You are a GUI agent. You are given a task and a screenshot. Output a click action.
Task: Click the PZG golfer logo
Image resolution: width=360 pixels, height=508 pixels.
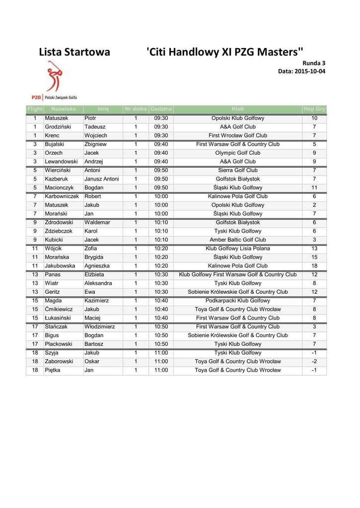[54, 79]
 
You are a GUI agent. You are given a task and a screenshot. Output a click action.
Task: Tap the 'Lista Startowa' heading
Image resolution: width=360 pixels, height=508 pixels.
[74, 52]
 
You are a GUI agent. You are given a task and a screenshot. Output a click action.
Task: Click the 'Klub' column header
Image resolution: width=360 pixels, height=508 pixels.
[238, 109]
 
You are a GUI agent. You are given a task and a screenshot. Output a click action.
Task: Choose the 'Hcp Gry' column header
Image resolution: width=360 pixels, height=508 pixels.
[314, 109]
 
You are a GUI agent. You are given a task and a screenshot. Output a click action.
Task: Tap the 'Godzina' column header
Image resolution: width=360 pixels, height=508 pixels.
[161, 109]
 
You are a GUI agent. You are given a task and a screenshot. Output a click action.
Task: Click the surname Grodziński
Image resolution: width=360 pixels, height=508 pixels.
[58, 127]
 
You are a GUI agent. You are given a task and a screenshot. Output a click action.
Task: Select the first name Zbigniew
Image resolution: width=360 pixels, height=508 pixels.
[95, 144]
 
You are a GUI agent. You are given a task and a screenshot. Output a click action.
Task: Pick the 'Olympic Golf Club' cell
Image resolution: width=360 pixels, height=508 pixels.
[238, 153]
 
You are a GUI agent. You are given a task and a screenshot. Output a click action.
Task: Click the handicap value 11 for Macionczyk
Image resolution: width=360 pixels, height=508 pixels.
[314, 188]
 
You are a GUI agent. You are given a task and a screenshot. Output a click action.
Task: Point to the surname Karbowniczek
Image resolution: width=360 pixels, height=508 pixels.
[62, 196]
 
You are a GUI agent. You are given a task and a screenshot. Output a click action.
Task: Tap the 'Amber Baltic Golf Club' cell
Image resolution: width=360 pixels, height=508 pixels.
[238, 240]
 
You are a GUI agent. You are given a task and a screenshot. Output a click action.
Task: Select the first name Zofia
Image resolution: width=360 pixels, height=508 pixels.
[91, 249]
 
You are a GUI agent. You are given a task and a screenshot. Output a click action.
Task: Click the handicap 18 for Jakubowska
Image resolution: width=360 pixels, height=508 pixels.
[314, 266]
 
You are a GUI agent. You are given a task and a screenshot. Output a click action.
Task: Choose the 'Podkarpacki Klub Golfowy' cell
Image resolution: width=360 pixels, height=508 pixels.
[238, 301]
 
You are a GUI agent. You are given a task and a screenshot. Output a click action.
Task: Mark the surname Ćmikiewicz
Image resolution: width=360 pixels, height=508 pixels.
[59, 309]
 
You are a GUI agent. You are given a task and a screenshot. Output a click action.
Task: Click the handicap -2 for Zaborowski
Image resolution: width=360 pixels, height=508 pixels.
[314, 361]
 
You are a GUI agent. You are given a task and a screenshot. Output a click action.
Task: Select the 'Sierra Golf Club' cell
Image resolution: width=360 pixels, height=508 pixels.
[238, 170]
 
